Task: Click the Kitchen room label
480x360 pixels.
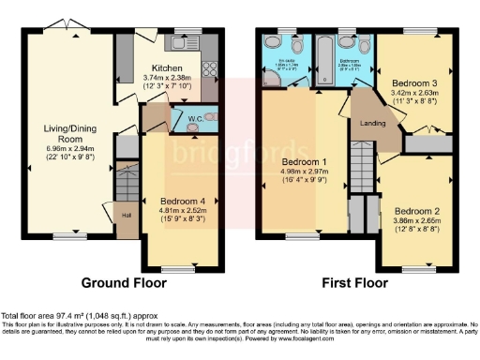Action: tap(168, 68)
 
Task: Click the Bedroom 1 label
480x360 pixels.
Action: tap(302, 162)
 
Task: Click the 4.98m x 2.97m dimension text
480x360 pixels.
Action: tap(302, 174)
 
